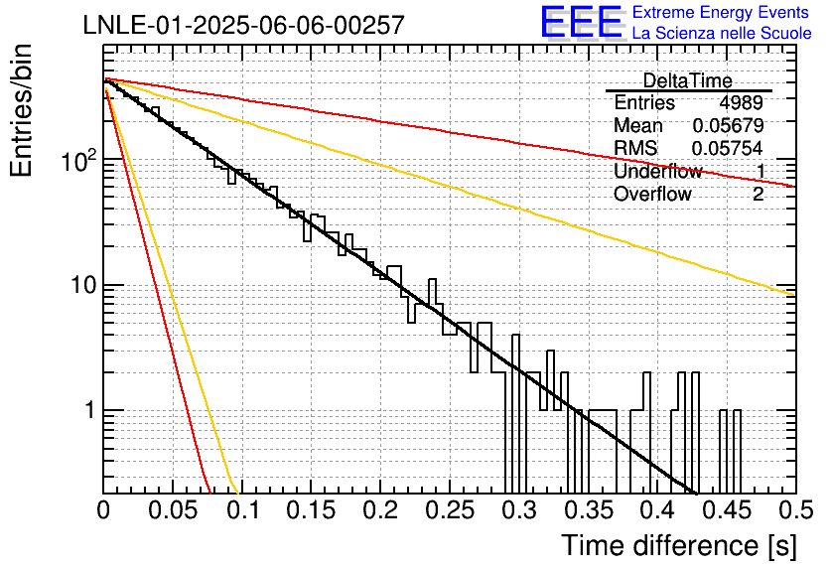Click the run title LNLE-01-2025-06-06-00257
[244, 25]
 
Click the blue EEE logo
[582, 22]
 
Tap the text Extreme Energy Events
[721, 12]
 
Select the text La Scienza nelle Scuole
[722, 33]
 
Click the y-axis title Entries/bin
[21, 110]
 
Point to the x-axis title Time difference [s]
[679, 546]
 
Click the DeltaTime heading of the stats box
[688, 80]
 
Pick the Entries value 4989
[741, 102]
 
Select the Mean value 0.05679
[728, 125]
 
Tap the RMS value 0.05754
[728, 148]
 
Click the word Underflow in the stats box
[658, 171]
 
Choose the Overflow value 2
[758, 194]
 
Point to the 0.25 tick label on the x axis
[450, 510]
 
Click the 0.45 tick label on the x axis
[728, 510]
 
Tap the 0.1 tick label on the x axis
[243, 510]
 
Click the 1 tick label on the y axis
[90, 410]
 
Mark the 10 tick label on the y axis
[84, 285]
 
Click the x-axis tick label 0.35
[589, 510]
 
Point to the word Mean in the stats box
[637, 125]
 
